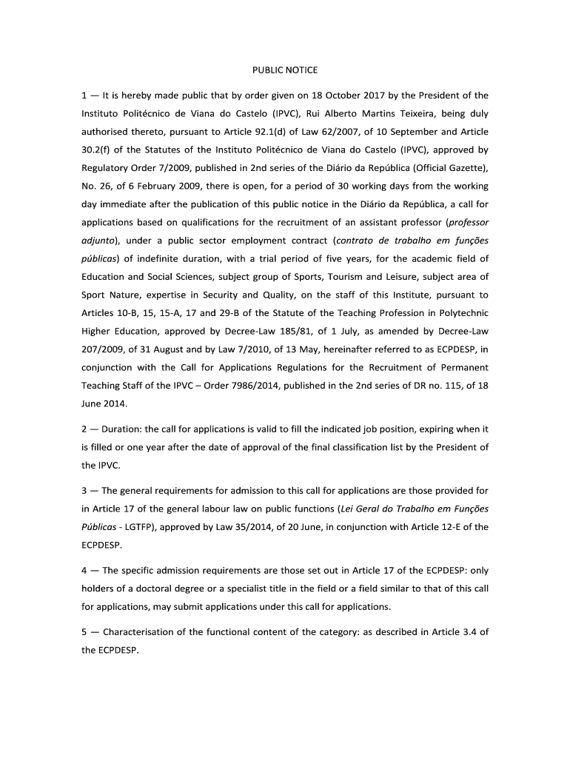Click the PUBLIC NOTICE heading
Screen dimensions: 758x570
pos(285,70)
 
